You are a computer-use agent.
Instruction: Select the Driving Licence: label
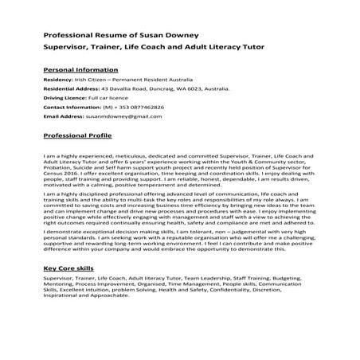[65, 104]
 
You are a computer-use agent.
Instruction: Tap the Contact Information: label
[72, 116]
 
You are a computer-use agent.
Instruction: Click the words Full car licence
[110, 104]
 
